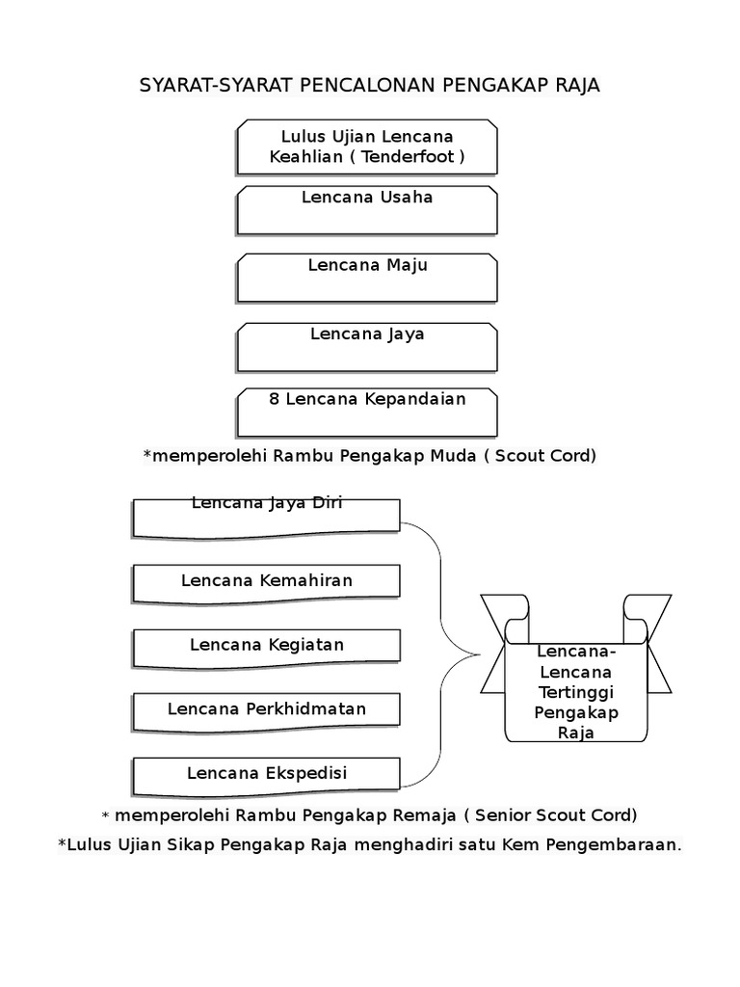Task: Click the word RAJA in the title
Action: [x=577, y=85]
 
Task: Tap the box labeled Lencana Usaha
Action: [x=367, y=210]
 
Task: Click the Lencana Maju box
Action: [x=367, y=278]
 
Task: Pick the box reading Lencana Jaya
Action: [x=367, y=347]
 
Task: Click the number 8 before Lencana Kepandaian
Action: [x=274, y=399]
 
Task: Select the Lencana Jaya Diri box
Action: [x=266, y=517]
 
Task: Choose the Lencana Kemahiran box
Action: [x=266, y=580]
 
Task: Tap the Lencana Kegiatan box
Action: [x=266, y=646]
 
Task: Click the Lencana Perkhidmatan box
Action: [x=266, y=710]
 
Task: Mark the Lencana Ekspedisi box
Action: [x=266, y=774]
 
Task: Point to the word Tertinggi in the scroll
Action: [x=575, y=693]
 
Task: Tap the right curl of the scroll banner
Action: [x=637, y=616]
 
